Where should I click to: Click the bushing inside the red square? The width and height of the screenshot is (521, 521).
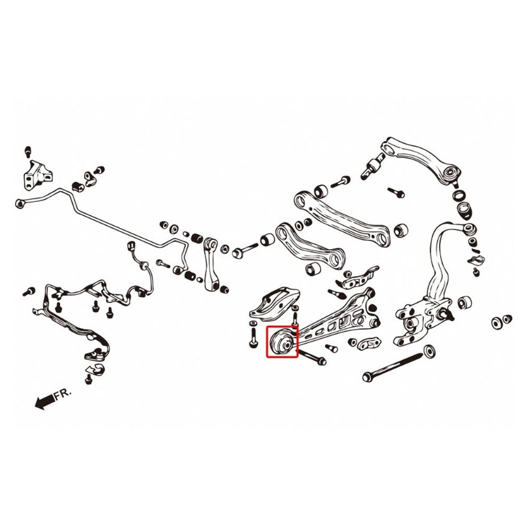coord(282,342)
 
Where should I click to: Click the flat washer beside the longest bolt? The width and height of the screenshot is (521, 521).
coord(431,350)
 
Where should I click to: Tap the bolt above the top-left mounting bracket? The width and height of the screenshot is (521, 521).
coord(28,152)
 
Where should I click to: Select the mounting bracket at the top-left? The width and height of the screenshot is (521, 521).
coord(35,175)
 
